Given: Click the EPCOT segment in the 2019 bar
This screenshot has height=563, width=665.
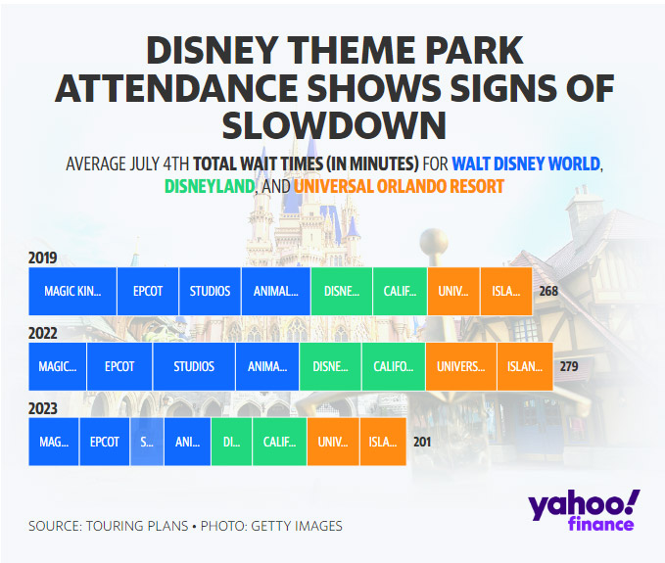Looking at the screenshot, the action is [x=148, y=291].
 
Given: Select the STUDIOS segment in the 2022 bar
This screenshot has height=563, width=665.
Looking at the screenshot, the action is [x=194, y=366].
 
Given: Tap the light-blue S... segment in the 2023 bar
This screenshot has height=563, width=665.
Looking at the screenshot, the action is [x=147, y=442].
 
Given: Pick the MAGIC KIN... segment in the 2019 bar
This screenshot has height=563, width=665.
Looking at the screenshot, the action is [x=72, y=291].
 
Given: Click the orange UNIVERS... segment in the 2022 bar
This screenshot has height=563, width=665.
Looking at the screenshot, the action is [x=461, y=366].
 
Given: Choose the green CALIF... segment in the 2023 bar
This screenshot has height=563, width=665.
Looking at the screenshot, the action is [x=279, y=442].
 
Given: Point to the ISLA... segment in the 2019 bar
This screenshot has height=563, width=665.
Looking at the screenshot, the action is [x=506, y=291].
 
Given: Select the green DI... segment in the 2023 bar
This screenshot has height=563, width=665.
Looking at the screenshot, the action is [x=231, y=442].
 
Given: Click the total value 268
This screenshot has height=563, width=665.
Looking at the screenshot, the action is [x=548, y=291].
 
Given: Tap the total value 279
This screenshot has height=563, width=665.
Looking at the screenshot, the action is [x=569, y=366].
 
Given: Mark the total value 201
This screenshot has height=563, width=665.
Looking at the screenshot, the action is [x=422, y=442].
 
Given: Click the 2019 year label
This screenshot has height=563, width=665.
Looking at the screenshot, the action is [x=42, y=258].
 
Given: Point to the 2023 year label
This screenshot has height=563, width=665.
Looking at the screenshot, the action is [x=42, y=408].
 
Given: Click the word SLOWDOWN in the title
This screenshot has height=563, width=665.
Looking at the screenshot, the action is [x=334, y=125].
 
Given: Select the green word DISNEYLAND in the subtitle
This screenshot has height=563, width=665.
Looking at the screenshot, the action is [x=210, y=186].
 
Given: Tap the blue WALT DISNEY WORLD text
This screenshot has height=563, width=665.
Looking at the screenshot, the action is [x=526, y=164].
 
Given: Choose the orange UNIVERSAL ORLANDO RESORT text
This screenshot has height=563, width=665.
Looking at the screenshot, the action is [x=399, y=186].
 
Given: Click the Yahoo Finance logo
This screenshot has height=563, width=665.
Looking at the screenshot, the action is [x=583, y=510].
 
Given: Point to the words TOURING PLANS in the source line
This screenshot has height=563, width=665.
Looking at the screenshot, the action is [x=137, y=526].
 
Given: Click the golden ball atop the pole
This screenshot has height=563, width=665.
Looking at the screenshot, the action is [x=434, y=242].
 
